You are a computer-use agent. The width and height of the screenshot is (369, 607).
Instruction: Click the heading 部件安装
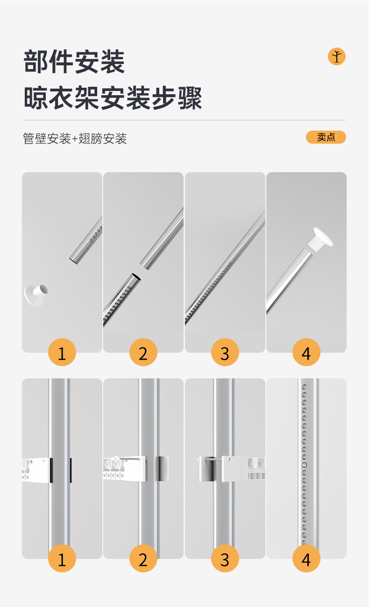click(x=74, y=62)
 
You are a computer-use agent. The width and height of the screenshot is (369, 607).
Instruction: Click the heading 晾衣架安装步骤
click(x=113, y=98)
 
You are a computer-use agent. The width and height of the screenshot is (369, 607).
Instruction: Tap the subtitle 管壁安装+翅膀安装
click(x=75, y=139)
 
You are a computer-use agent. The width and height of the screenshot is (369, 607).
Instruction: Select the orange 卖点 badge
click(x=326, y=137)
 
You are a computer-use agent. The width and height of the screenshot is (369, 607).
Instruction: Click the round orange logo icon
click(x=337, y=56)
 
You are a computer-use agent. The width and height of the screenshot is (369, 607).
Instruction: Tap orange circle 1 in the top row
click(x=62, y=352)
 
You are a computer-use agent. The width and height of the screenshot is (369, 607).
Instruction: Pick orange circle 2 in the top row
click(x=143, y=352)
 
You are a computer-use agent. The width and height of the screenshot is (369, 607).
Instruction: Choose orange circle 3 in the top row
click(x=225, y=352)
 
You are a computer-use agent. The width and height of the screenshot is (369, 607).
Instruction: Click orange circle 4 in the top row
click(x=306, y=352)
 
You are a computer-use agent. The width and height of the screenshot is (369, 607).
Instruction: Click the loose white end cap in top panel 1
click(x=36, y=295)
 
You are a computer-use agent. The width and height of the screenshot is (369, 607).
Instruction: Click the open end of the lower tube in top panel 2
click(x=136, y=276)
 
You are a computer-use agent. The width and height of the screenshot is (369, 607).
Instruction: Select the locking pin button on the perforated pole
click(x=305, y=465)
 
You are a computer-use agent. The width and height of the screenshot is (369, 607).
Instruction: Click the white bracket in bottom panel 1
click(x=37, y=470)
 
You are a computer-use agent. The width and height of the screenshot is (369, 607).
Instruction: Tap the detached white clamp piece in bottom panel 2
click(x=163, y=468)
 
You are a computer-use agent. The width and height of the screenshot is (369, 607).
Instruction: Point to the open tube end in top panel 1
click(x=73, y=261)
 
